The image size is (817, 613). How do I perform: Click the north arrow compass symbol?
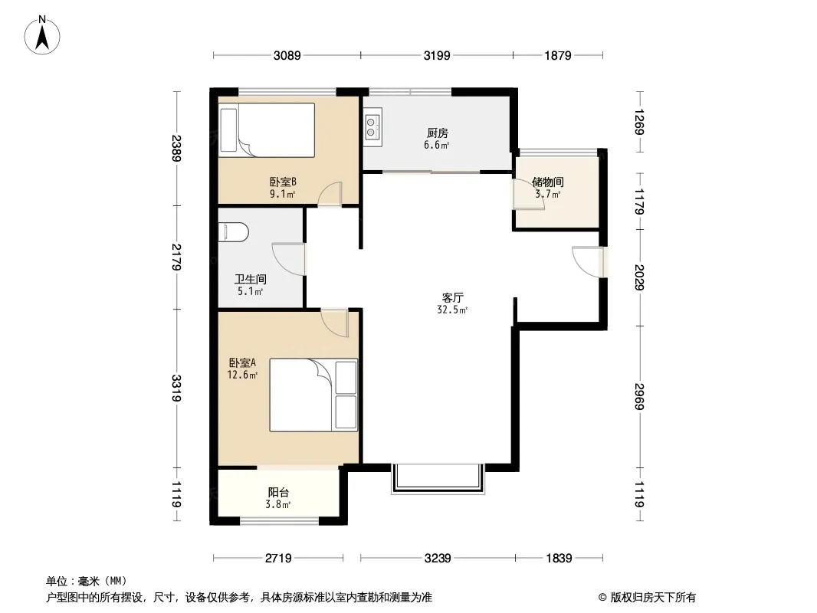tap(42, 35)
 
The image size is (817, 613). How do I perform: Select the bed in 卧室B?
tap(267, 129)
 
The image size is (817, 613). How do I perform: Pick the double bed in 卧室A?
tap(313, 395)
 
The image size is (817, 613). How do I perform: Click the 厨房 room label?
tap(437, 133)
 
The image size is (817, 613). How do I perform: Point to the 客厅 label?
tap(452, 298)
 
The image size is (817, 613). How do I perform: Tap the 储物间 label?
tap(548, 182)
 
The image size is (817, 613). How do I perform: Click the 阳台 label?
tap(278, 492)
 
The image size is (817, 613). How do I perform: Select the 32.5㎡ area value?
tap(452, 310)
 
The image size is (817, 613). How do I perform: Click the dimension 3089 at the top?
tap(287, 55)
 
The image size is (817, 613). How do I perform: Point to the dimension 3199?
tap(437, 55)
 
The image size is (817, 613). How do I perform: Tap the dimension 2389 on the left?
tap(176, 149)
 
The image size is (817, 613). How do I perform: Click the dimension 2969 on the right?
tap(639, 397)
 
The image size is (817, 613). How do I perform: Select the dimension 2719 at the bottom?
tap(278, 559)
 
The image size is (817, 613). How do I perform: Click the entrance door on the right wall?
tap(589, 262)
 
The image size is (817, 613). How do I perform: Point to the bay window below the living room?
tap(438, 478)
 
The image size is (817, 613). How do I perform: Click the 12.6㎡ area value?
tap(242, 375)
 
